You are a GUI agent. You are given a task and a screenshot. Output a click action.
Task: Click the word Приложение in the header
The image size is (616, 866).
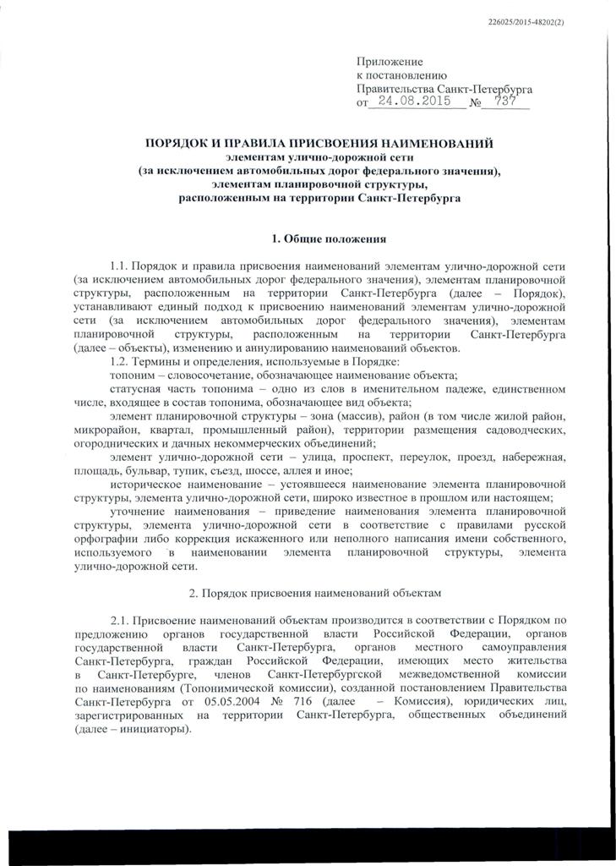(x=389, y=62)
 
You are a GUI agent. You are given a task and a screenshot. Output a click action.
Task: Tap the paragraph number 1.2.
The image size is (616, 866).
(x=120, y=362)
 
